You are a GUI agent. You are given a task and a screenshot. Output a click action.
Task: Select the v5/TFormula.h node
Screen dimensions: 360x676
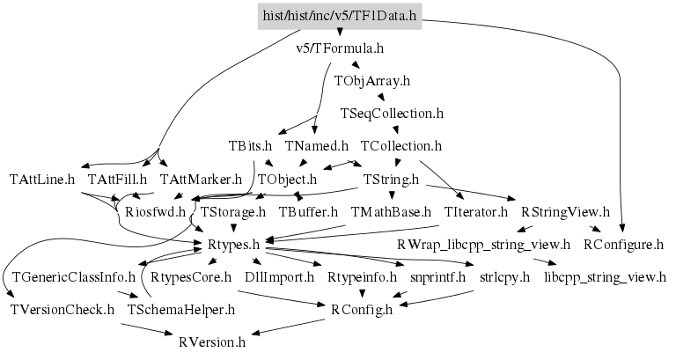click(341, 48)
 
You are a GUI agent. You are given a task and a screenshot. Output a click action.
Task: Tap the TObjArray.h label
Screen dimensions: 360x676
click(372, 80)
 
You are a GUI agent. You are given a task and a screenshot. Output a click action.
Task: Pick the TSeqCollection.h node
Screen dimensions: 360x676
click(392, 114)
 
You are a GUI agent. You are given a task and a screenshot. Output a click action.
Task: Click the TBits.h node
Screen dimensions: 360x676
click(250, 146)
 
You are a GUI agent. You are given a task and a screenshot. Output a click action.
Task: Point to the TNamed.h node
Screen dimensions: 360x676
click(318, 146)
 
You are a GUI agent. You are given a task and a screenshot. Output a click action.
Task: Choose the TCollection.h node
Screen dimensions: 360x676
click(400, 146)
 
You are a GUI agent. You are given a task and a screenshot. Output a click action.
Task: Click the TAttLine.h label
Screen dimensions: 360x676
click(42, 179)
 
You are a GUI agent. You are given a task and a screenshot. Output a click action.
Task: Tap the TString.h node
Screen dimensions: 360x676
click(391, 179)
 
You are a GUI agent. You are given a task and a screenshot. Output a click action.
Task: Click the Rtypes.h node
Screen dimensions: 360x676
click(233, 245)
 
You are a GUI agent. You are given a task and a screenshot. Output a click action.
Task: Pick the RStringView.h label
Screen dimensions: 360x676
click(565, 212)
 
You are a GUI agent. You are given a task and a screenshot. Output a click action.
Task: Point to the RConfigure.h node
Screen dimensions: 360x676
click(623, 245)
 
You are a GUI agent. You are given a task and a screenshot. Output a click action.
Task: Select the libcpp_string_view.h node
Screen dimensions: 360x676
click(606, 277)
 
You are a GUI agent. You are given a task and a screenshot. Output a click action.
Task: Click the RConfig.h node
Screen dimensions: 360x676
click(362, 310)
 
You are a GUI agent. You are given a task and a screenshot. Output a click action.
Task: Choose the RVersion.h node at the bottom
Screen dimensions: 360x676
click(212, 342)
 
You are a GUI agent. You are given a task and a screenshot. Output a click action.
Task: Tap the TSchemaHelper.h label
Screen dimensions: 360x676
click(181, 310)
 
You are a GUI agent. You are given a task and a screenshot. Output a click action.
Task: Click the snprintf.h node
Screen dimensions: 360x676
click(432, 277)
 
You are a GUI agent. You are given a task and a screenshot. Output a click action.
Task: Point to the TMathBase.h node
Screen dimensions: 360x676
click(391, 212)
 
